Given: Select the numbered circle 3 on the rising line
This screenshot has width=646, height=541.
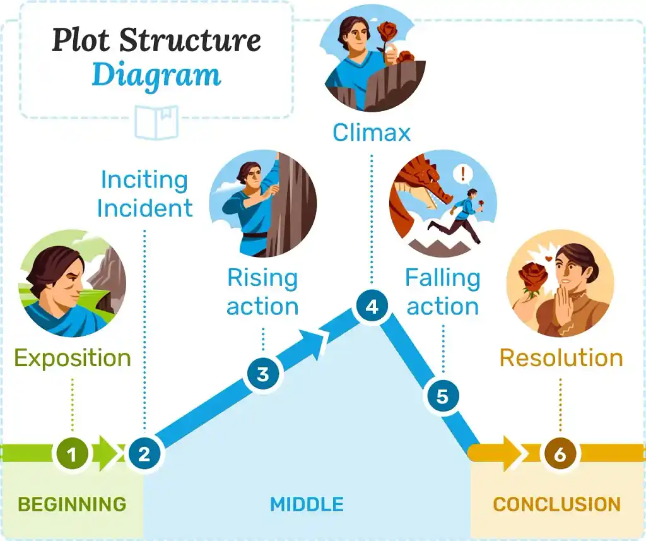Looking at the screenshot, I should [262, 374].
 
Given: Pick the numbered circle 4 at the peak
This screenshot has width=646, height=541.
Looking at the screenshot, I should [372, 307].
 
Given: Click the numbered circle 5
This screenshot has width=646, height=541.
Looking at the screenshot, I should [442, 396].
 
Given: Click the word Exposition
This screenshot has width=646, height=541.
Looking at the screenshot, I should [73, 358].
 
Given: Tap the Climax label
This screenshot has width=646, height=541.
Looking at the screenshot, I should [372, 133].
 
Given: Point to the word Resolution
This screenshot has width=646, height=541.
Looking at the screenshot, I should [561, 358].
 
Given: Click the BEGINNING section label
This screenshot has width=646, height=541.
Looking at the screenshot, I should [72, 504].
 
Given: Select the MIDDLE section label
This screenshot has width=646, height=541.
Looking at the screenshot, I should [307, 504].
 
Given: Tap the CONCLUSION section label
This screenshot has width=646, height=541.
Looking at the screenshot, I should [556, 504].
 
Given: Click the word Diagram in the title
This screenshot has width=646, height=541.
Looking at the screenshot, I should [156, 74].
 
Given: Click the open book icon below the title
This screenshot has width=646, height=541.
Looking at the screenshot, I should [157, 122].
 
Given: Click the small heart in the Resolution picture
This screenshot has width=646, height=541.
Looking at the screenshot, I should [548, 259].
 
